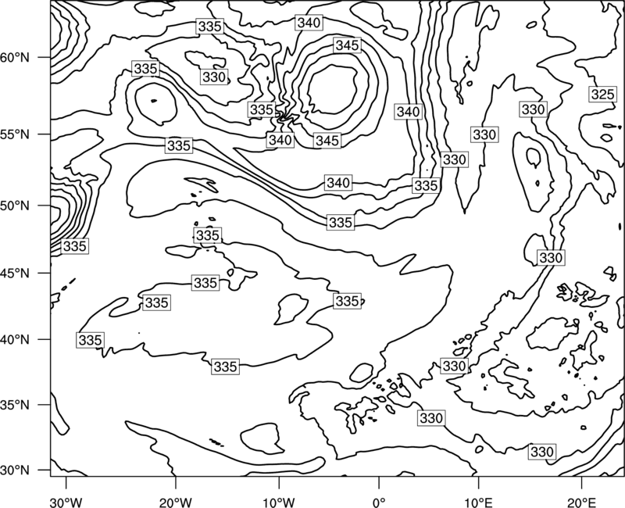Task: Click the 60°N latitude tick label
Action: [15, 57]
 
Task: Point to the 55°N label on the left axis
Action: [15, 134]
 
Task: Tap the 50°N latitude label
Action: [15, 206]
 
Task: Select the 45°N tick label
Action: [15, 273]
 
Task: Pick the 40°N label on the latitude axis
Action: [15, 339]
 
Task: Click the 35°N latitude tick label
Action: [15, 405]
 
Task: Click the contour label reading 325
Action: [602, 95]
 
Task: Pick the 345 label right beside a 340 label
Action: [327, 141]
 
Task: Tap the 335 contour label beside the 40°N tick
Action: [91, 340]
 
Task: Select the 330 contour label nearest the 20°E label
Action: [542, 452]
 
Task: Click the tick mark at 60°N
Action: [44, 57]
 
